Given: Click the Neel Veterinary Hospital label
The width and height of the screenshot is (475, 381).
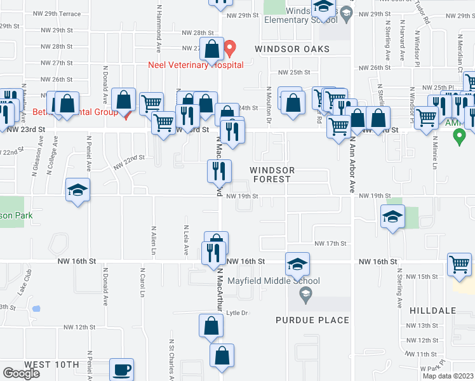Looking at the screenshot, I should [187, 65].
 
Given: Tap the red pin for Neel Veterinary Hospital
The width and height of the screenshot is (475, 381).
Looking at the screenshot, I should [231, 48].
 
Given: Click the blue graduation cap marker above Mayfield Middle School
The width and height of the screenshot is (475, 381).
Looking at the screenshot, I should [297, 264].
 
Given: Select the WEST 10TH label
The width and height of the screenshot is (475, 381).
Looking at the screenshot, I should [51, 364].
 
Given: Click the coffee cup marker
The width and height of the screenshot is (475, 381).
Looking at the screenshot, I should [121, 370].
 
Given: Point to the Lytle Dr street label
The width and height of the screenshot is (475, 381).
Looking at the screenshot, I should [236, 312].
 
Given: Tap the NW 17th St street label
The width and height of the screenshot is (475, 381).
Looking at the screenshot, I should [330, 243].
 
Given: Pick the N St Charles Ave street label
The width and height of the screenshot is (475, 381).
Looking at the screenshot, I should [171, 359].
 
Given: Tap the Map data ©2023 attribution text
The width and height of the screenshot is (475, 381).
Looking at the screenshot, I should [447, 376].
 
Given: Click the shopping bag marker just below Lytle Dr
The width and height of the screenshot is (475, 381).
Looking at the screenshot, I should [211, 326].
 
